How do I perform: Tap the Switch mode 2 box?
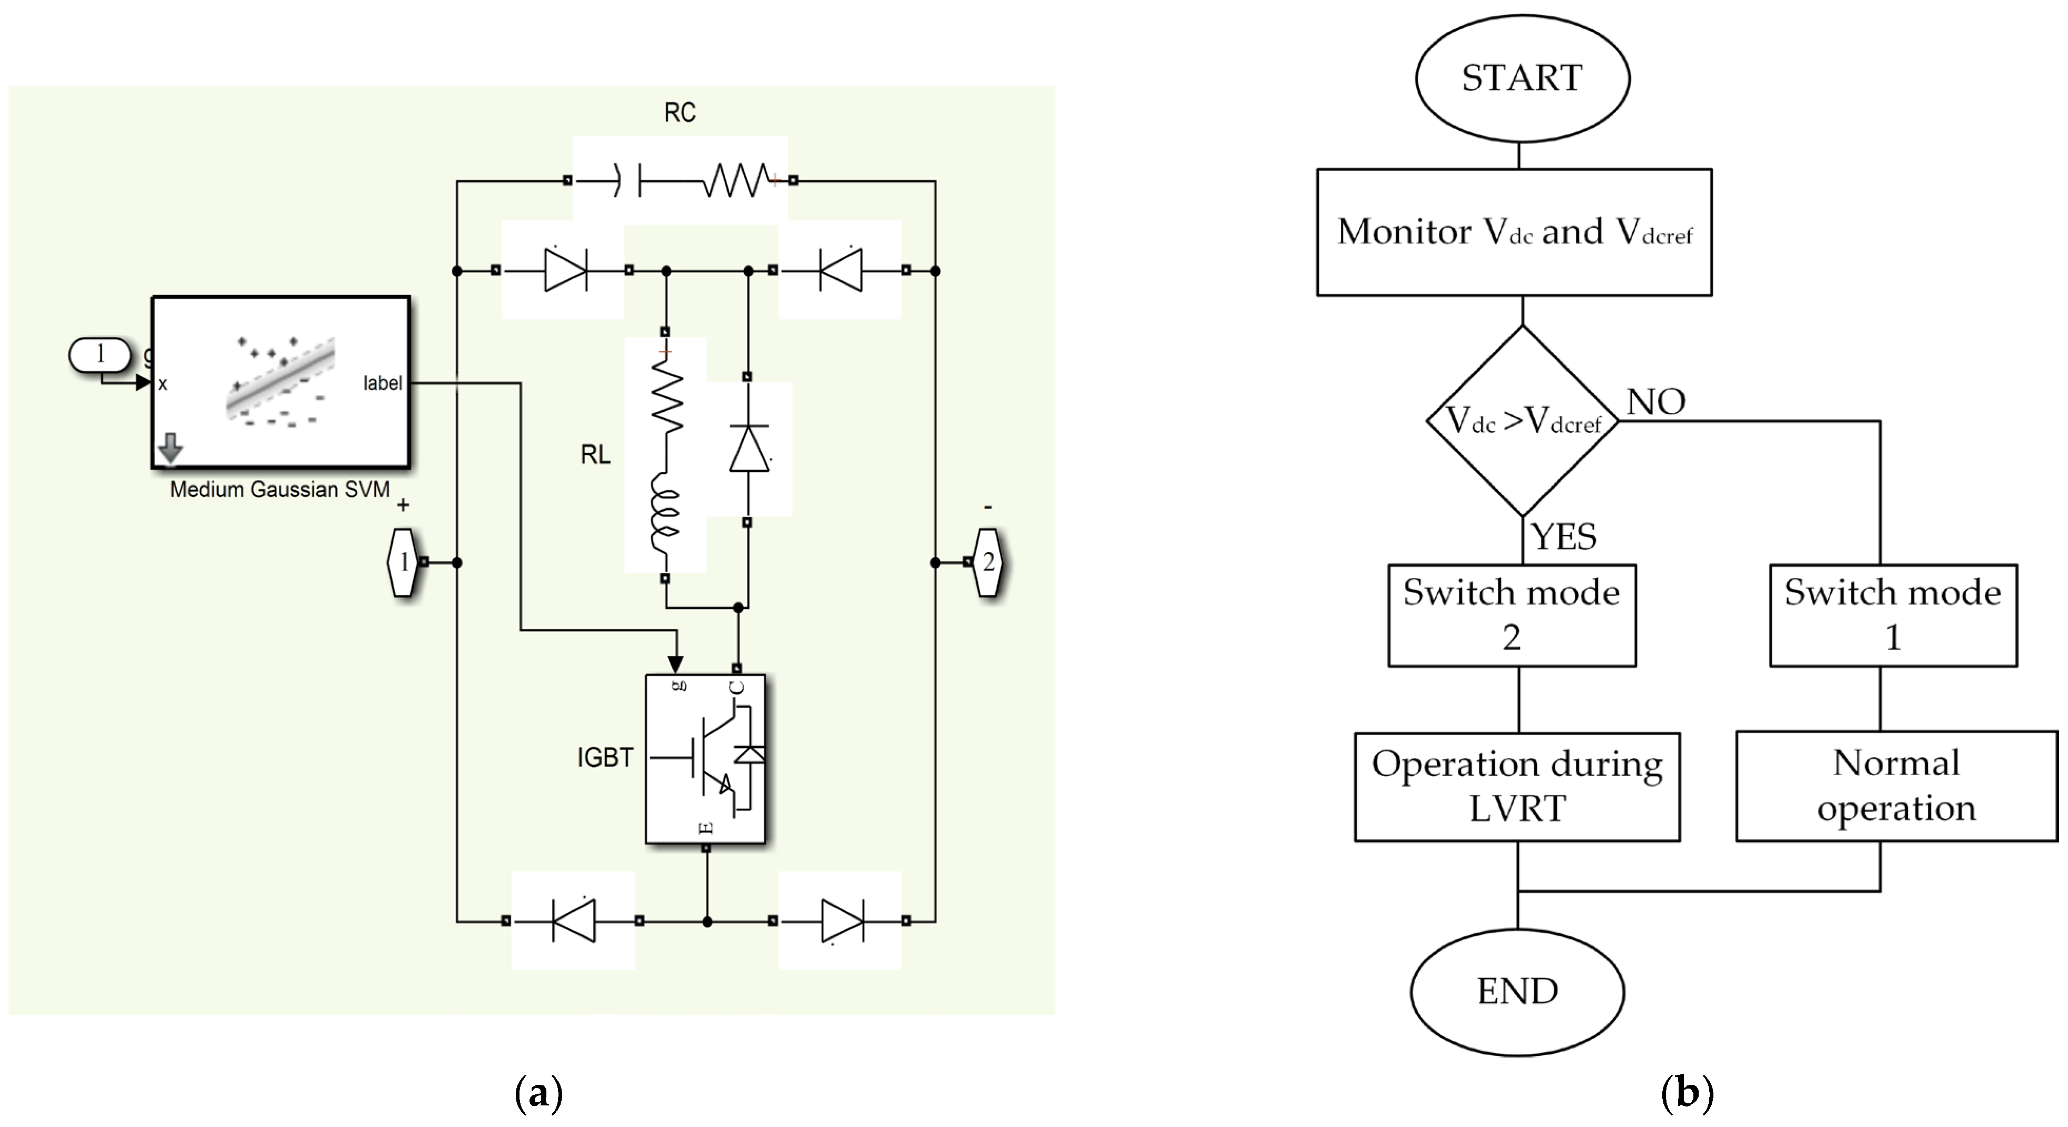tap(1512, 615)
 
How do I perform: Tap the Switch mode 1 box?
tap(1893, 615)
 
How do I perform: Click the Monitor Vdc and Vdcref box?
tap(1514, 232)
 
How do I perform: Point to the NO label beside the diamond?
tap(1655, 401)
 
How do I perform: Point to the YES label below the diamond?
tap(1564, 536)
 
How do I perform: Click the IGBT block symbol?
tap(705, 758)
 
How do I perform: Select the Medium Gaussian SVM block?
tap(281, 382)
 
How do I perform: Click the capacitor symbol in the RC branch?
tap(628, 181)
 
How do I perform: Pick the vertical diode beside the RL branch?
tap(748, 448)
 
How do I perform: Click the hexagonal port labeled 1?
tap(403, 562)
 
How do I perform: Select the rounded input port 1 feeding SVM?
tap(100, 354)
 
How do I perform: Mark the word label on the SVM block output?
tap(382, 383)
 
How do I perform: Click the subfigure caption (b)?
tap(1687, 1092)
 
